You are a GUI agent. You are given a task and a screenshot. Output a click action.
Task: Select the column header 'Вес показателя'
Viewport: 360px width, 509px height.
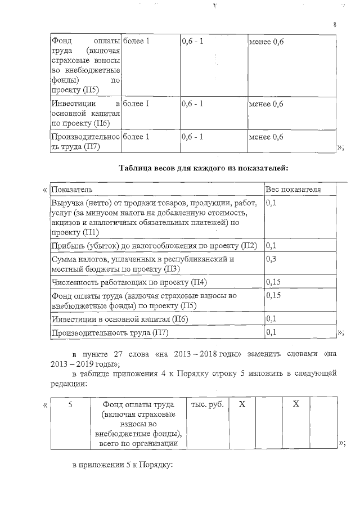pyautogui.click(x=292, y=190)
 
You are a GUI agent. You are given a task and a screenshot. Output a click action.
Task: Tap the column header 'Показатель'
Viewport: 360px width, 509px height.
pyautogui.click(x=72, y=190)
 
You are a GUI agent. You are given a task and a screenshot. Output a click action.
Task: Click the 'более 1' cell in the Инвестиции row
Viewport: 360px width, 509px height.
pyautogui.click(x=136, y=104)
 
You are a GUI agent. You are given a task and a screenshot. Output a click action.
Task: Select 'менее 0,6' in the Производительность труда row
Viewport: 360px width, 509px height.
pyautogui.click(x=265, y=137)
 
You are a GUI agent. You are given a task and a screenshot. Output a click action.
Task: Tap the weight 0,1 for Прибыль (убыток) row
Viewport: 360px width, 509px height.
pyautogui.click(x=271, y=246)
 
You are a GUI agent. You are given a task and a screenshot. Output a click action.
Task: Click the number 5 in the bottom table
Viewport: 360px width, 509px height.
pyautogui.click(x=70, y=404)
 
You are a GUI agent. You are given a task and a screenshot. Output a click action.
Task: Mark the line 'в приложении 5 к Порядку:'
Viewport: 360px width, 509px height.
pyautogui.click(x=121, y=467)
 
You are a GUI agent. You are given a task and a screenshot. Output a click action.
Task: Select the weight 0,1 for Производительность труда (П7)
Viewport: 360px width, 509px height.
pyautogui.click(x=271, y=332)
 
